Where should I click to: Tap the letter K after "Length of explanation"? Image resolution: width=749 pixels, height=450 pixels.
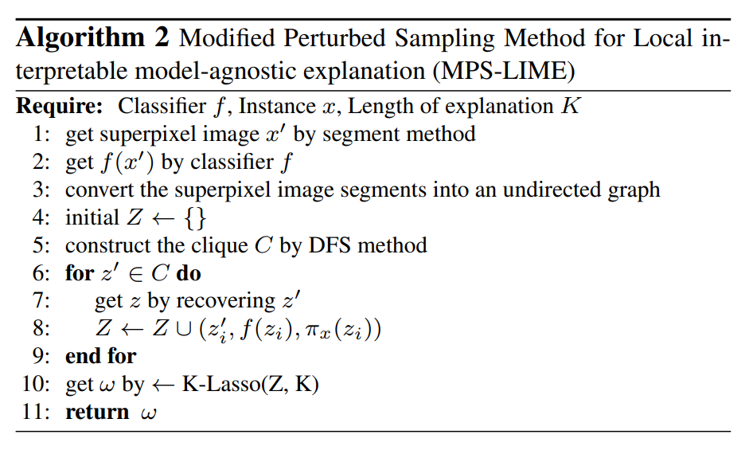pyautogui.click(x=570, y=105)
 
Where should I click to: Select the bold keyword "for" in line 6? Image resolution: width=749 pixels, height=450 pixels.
pyautogui.click(x=80, y=273)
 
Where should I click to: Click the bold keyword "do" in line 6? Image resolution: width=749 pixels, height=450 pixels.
pyautogui.click(x=189, y=273)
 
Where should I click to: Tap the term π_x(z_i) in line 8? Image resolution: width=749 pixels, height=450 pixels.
pyautogui.click(x=345, y=329)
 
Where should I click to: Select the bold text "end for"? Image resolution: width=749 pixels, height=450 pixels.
pyautogui.click(x=101, y=356)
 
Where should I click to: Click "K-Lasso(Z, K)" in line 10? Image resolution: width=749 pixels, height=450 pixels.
pyautogui.click(x=250, y=385)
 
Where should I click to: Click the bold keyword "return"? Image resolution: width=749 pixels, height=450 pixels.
pyautogui.click(x=97, y=413)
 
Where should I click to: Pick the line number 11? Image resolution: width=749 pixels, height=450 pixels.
pyautogui.click(x=37, y=413)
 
